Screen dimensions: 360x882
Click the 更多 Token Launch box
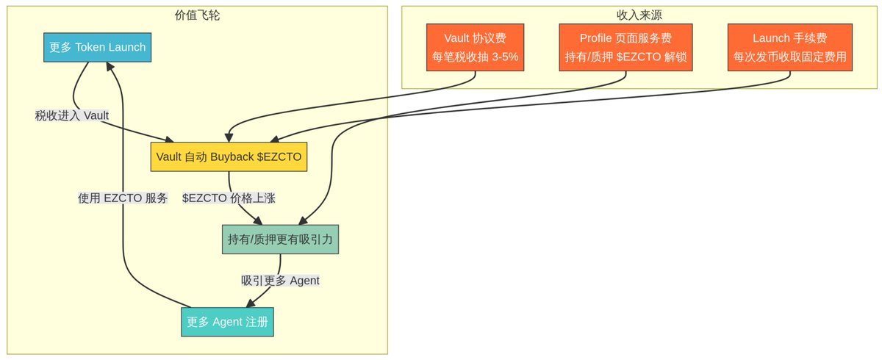97,47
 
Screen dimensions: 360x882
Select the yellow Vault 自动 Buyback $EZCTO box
229,156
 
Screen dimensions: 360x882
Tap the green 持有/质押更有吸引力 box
280,239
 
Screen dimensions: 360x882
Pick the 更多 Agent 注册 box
227,322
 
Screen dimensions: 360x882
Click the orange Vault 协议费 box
475,47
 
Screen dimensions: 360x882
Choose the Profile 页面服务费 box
625,47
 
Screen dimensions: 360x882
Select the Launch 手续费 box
790,47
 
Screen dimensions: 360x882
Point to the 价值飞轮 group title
197,15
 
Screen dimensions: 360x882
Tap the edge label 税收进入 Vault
72,115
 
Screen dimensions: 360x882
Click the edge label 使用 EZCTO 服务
123,198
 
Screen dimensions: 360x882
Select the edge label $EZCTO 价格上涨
229,198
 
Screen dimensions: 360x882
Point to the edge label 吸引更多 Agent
280,281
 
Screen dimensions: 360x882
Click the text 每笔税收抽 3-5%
475,57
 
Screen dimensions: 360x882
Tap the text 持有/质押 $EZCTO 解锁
625,57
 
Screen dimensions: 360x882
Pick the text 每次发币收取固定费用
790,57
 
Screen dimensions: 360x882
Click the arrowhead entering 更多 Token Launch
110,66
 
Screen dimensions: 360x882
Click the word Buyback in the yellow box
232,156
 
